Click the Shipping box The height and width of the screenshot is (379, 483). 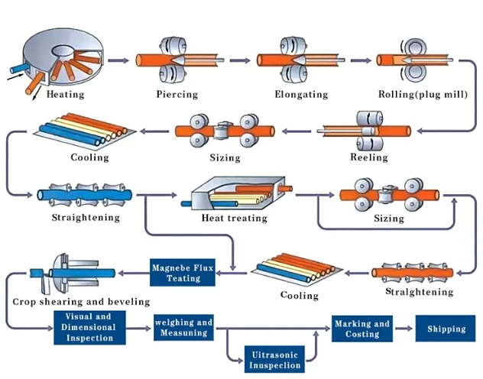click(445, 329)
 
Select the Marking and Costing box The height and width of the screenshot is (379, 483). click(362, 329)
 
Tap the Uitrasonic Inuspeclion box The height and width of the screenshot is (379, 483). click(274, 360)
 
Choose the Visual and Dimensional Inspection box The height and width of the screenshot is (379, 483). click(89, 327)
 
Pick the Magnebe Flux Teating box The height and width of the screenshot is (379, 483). click(183, 273)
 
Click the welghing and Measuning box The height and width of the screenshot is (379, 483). click(183, 327)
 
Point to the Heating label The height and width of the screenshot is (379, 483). click(65, 94)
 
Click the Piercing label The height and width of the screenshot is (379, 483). click(177, 94)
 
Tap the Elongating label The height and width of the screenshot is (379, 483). click(301, 94)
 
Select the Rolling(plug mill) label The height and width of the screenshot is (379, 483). click(423, 94)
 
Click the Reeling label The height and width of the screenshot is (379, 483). click(368, 157)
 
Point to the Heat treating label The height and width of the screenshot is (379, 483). click(234, 218)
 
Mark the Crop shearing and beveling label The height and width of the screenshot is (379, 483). click(81, 301)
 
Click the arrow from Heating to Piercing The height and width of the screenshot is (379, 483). click(118, 60)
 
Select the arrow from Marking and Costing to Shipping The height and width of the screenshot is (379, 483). click(404, 329)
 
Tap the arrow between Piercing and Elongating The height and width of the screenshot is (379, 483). click(240, 60)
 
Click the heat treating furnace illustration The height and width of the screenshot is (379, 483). click(237, 193)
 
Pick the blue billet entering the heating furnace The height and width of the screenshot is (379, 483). click(19, 67)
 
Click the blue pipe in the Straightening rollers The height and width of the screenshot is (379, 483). click(85, 195)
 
